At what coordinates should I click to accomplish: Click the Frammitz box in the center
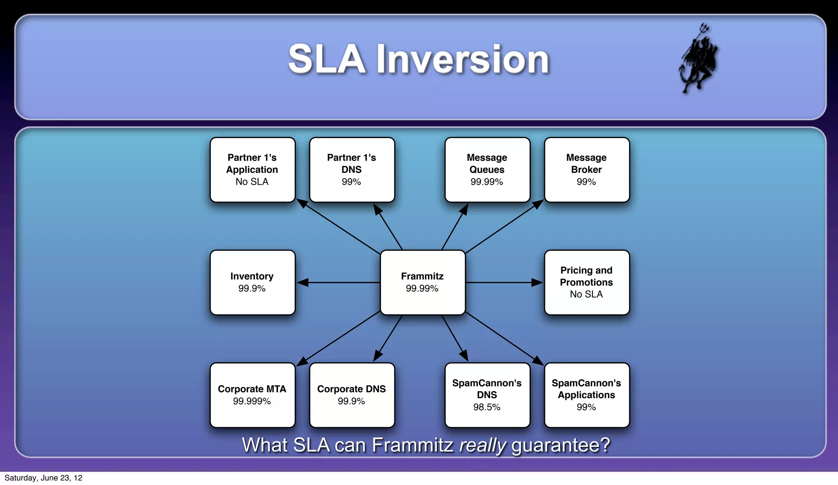click(423, 282)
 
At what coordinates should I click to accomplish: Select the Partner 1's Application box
click(252, 170)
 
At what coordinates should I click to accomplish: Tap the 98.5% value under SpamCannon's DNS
click(487, 407)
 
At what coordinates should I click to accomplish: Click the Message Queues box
click(487, 170)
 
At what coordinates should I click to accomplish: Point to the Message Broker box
click(586, 170)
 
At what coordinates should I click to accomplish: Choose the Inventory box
click(252, 282)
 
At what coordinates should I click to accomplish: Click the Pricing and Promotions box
click(586, 282)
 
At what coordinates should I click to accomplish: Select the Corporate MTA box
click(252, 395)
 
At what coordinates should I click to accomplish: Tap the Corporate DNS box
click(352, 395)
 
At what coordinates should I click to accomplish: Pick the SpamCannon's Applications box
click(586, 395)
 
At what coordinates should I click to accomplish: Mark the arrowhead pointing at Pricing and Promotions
click(537, 282)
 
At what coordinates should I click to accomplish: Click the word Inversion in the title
click(462, 59)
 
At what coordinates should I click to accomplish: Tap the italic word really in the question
click(483, 445)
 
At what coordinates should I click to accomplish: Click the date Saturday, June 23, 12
click(43, 478)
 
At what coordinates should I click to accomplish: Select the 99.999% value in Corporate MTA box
click(252, 401)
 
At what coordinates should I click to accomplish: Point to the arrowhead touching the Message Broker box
click(538, 204)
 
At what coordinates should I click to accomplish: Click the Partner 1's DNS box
click(352, 170)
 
